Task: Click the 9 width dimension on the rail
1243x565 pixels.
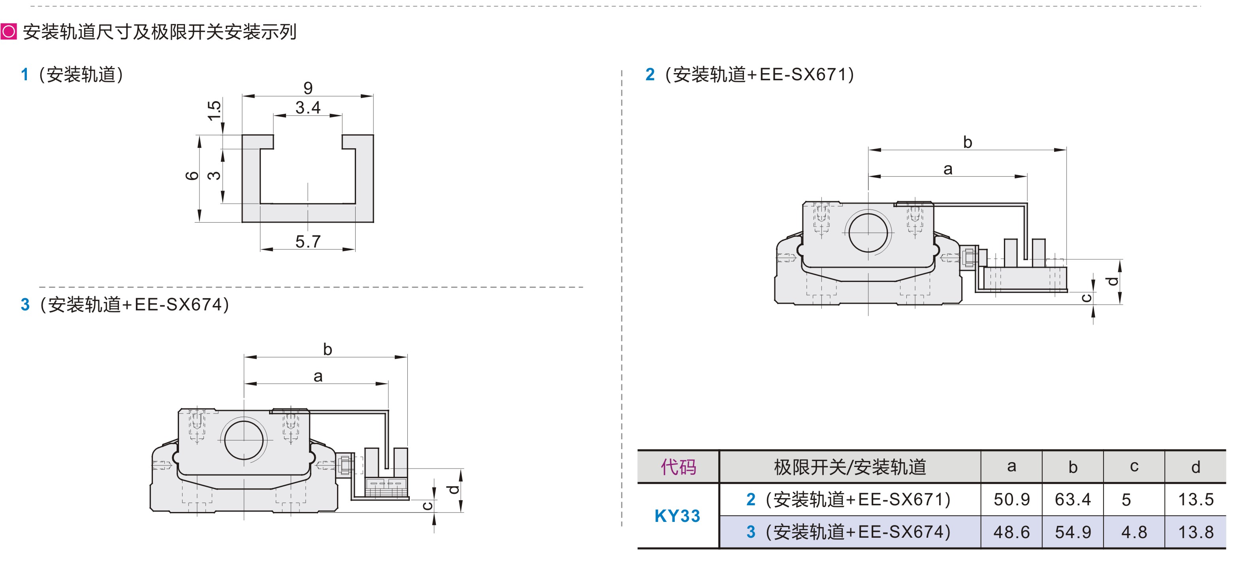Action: (308, 88)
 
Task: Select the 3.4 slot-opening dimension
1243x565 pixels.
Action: (308, 107)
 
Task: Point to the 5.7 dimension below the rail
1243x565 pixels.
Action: (308, 242)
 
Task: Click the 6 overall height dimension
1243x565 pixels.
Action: (192, 176)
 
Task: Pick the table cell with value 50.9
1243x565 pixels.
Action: (1011, 499)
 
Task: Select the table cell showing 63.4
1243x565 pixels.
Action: (1073, 499)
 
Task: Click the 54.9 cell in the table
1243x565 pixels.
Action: (1073, 532)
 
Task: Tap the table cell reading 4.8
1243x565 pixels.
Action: (1134, 532)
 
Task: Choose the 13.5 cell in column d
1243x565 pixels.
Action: (1195, 499)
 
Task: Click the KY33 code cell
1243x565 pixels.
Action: (678, 516)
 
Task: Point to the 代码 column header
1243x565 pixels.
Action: (678, 467)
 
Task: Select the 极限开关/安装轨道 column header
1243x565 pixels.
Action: (850, 467)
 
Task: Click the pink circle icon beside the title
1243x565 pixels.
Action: (9, 32)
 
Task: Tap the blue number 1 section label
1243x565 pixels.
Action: (24, 75)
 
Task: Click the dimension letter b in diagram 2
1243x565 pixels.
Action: (968, 142)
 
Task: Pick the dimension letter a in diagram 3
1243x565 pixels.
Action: (318, 376)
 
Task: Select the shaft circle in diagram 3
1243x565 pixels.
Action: (244, 440)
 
